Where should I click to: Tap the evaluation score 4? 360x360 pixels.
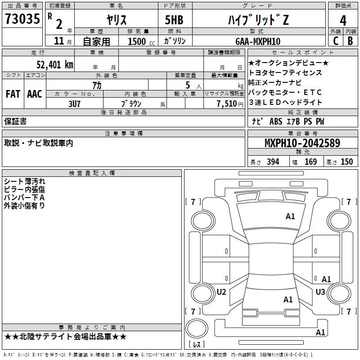click(x=343, y=20)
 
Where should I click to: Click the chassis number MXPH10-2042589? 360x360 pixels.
click(x=302, y=144)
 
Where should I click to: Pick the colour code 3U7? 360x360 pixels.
click(x=74, y=103)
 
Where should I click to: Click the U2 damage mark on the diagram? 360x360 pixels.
click(x=221, y=292)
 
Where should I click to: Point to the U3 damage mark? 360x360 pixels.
click(x=320, y=292)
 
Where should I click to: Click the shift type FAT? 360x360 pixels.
click(x=13, y=94)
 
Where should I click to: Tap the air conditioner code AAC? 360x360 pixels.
click(x=34, y=94)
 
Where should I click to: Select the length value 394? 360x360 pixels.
click(x=273, y=162)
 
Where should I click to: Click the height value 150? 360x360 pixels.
click(x=346, y=162)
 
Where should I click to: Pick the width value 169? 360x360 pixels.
click(x=310, y=162)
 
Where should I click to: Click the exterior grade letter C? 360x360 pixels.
click(x=335, y=41)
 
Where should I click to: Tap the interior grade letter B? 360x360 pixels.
click(x=351, y=41)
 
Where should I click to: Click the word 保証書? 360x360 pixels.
click(x=15, y=121)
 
